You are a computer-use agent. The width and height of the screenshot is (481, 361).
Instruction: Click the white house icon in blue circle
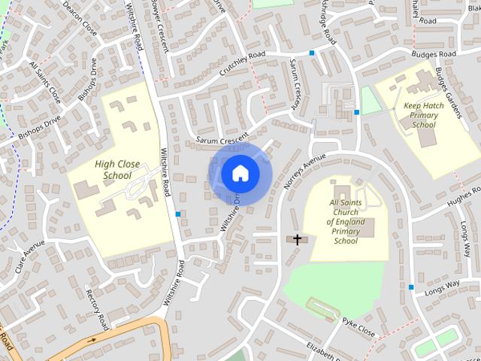(239, 173)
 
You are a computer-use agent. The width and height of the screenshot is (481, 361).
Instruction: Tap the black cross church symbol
(297, 240)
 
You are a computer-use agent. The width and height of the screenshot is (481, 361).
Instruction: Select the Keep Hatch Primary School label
(424, 115)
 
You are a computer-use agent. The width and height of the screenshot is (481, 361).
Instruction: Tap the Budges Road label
(434, 55)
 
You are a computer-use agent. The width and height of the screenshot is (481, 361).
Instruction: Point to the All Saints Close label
(44, 82)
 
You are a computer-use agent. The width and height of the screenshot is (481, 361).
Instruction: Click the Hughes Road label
(463, 197)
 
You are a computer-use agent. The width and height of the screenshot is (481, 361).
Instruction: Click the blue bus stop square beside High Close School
(177, 214)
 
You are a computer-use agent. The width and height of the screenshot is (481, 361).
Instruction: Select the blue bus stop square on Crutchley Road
(312, 53)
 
